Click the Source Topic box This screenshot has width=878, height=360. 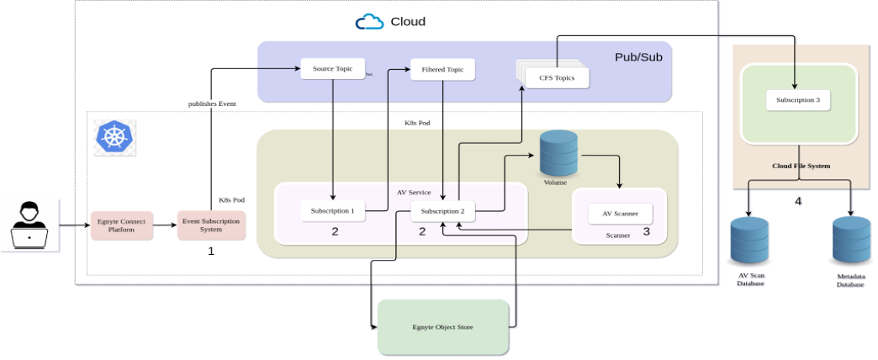pos(325,68)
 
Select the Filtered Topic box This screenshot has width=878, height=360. pos(442,69)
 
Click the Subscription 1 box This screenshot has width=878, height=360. pos(332,210)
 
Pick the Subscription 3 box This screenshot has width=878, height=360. pos(798,100)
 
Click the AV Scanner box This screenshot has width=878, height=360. pos(619,214)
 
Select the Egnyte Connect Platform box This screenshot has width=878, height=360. pos(122,225)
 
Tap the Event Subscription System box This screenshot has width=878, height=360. pos(211,225)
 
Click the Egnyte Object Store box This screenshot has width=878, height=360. pos(443,326)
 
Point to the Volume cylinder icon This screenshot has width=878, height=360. pos(558,152)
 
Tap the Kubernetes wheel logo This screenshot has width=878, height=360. pos(114,136)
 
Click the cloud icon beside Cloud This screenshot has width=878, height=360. pos(369,22)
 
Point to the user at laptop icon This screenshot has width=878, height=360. pos(29,225)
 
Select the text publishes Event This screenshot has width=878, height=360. pos(211,103)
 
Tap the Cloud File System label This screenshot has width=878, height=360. pos(801,166)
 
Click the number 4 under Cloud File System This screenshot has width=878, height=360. pos(799,202)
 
